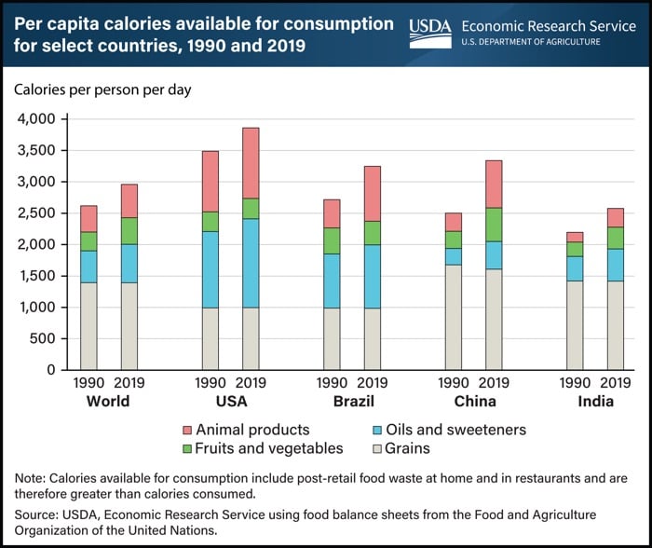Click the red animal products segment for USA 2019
click(251, 163)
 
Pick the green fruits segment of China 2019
click(494, 225)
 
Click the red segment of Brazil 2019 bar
click(373, 194)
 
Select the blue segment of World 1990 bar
click(88, 266)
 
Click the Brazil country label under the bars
click(352, 402)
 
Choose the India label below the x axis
click(595, 402)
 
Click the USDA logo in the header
click(430, 33)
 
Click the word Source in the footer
click(38, 513)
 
